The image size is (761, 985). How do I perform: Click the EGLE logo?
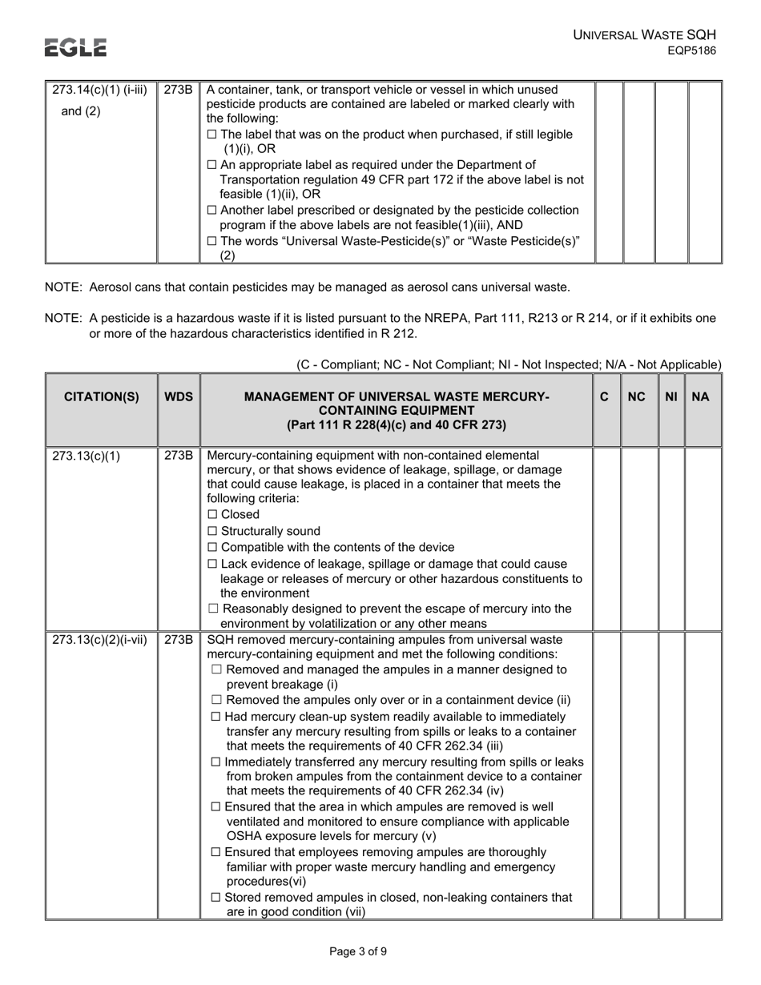point(75,48)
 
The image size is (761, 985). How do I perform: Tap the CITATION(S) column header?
point(101,396)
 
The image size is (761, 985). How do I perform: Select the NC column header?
point(637,396)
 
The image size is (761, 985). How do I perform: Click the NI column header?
point(671,396)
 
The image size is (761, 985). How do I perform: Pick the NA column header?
point(700,396)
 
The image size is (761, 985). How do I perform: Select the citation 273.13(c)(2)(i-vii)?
point(99,640)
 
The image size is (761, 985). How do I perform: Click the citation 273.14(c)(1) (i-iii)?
point(99,90)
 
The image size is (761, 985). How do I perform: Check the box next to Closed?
point(212,515)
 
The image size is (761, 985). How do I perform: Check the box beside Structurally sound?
point(212,532)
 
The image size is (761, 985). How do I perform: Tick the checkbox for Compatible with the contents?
point(212,548)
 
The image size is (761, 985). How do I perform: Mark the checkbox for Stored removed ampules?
point(215,898)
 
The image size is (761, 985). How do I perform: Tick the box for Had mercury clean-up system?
point(215,717)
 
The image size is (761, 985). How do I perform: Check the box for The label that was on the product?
point(211,135)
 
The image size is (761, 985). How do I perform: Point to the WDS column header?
point(179,396)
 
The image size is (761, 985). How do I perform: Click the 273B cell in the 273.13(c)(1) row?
point(179,456)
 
